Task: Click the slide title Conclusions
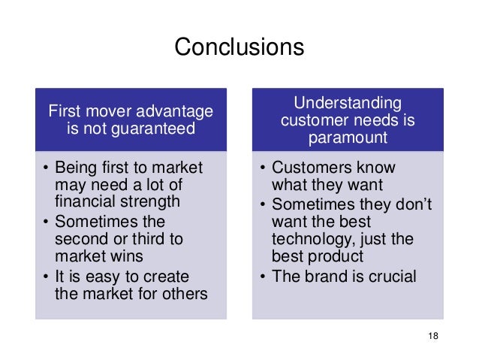[239, 47]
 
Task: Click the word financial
[89, 201]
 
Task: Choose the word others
[183, 293]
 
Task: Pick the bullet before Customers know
[262, 167]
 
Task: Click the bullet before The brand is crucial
[262, 277]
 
